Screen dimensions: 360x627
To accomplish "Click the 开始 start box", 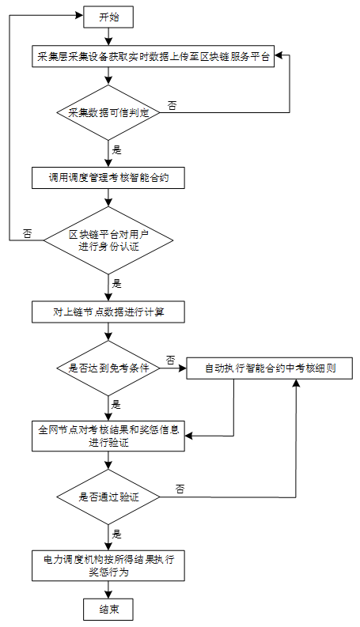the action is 108,17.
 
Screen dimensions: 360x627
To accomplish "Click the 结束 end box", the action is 108,609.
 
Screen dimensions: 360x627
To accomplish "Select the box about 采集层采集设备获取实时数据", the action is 153,56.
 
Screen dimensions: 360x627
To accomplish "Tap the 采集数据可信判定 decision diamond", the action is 108,112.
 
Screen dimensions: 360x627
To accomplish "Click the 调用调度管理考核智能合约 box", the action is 108,178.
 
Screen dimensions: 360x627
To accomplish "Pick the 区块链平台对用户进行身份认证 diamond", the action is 108,240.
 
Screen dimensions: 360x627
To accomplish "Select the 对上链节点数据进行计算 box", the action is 108,312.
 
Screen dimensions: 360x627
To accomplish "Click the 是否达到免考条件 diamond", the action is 108,368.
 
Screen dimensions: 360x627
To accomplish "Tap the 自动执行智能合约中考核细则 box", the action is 270,368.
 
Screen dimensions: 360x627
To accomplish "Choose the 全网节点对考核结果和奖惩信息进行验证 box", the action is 108,436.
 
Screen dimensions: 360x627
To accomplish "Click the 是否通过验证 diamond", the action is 108,497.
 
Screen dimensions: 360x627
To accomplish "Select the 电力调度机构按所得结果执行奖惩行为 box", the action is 108,565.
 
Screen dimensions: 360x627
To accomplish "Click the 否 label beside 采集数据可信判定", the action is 172,106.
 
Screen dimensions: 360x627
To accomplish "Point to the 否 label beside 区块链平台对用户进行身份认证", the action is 27,233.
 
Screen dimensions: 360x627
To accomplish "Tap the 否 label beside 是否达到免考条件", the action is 171,361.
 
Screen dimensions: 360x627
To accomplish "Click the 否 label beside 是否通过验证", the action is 180,489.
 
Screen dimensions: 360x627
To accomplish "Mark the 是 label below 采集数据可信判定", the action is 116,150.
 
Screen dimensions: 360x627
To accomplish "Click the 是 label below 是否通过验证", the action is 116,534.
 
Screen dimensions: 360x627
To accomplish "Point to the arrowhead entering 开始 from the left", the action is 80,15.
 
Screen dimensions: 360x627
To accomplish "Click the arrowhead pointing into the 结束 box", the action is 108,595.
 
